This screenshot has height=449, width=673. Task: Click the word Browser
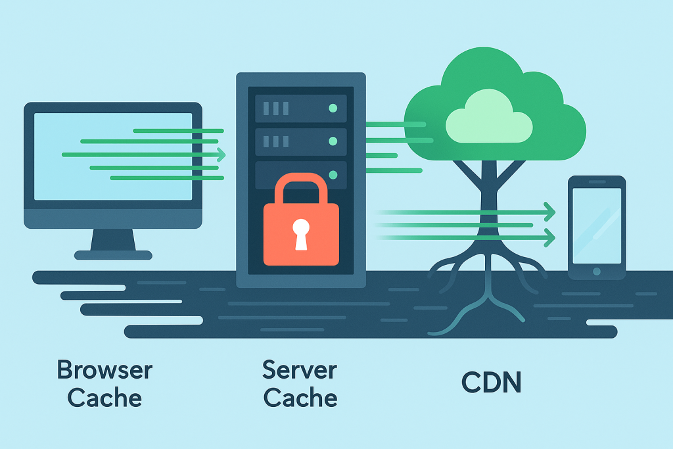click(104, 370)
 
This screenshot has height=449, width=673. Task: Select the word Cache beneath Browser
click(104, 398)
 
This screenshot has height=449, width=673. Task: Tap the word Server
click(300, 369)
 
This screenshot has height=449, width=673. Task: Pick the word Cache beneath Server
click(300, 398)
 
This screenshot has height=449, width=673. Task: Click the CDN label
click(491, 383)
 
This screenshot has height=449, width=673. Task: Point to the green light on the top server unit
click(333, 108)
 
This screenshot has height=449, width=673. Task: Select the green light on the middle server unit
click(333, 141)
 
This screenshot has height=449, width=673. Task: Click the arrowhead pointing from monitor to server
click(221, 155)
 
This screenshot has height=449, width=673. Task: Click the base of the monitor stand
click(113, 254)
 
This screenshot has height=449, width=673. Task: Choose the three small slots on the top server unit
click(277, 108)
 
